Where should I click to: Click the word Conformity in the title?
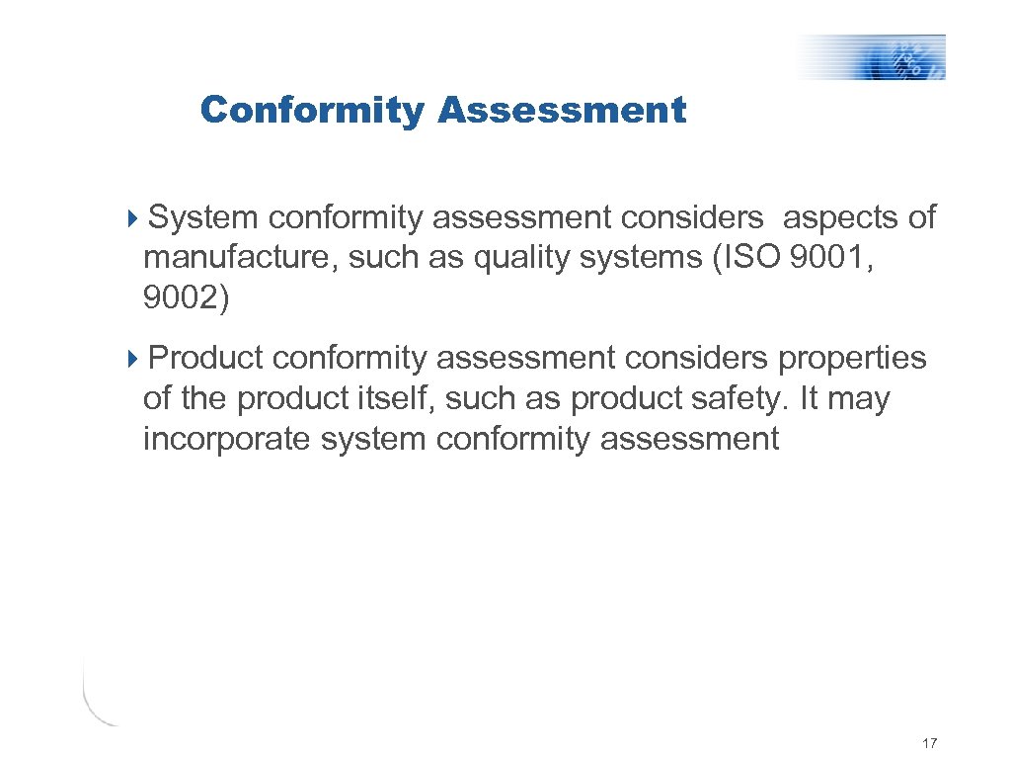pos(311,111)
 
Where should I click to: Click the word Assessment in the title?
pos(561,111)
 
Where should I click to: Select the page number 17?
pos(928,742)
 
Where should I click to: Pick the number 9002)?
pos(186,299)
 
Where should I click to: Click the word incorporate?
pos(228,440)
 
